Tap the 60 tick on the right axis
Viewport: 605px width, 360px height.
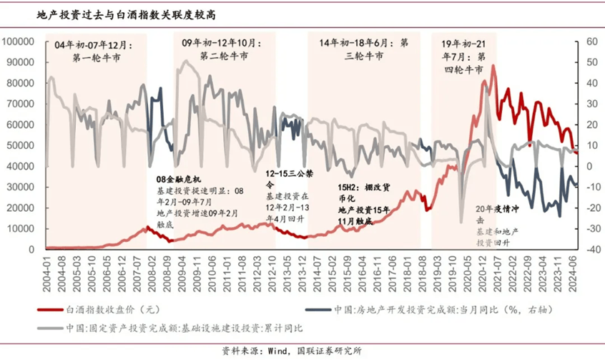coord(592,42)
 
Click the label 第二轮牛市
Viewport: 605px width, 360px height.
coord(224,56)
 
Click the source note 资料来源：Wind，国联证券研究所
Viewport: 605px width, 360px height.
coord(301,351)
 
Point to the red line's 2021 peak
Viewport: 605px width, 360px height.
coord(493,67)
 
